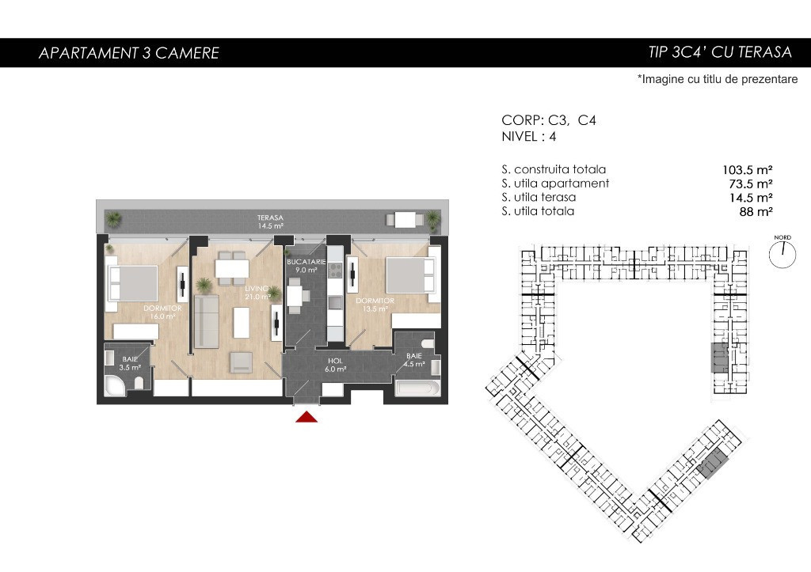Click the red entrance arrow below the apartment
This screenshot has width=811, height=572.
(307, 416)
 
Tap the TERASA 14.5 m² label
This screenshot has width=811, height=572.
(271, 222)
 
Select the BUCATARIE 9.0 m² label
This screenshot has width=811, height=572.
(307, 266)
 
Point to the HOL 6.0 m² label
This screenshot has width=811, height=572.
(335, 365)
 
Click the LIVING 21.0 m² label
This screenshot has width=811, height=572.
(257, 293)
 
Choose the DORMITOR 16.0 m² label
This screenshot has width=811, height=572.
(162, 312)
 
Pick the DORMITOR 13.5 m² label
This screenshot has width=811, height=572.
(375, 305)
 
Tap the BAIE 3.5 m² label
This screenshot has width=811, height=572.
(130, 363)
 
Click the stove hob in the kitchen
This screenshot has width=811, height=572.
(335, 271)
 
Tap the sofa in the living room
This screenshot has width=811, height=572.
(207, 323)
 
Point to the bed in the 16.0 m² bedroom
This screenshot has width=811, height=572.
(131, 283)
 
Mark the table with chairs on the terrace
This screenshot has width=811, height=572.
(405, 220)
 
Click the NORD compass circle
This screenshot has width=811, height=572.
(782, 254)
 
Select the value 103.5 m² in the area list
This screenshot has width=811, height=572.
(748, 170)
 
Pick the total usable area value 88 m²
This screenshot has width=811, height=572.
(756, 211)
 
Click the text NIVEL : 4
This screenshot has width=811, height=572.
(528, 136)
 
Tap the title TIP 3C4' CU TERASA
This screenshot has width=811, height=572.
(720, 52)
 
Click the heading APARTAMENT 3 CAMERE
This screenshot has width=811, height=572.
(129, 53)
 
